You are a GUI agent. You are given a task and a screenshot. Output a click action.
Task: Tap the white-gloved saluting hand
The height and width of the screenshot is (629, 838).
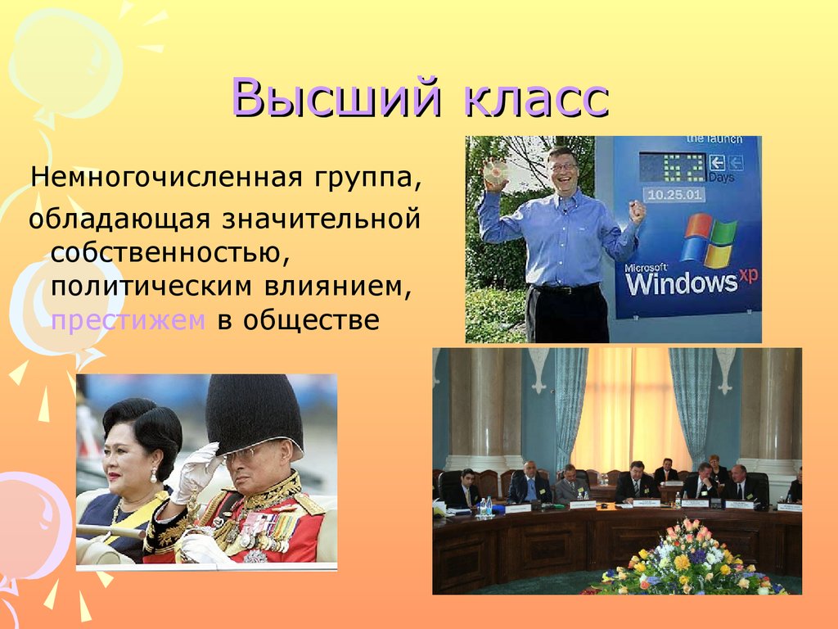point(195,473)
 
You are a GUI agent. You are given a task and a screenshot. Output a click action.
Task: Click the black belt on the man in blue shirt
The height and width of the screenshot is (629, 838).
point(565,289)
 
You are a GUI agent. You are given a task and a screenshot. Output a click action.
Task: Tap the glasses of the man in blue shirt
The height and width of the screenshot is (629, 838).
point(563,167)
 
